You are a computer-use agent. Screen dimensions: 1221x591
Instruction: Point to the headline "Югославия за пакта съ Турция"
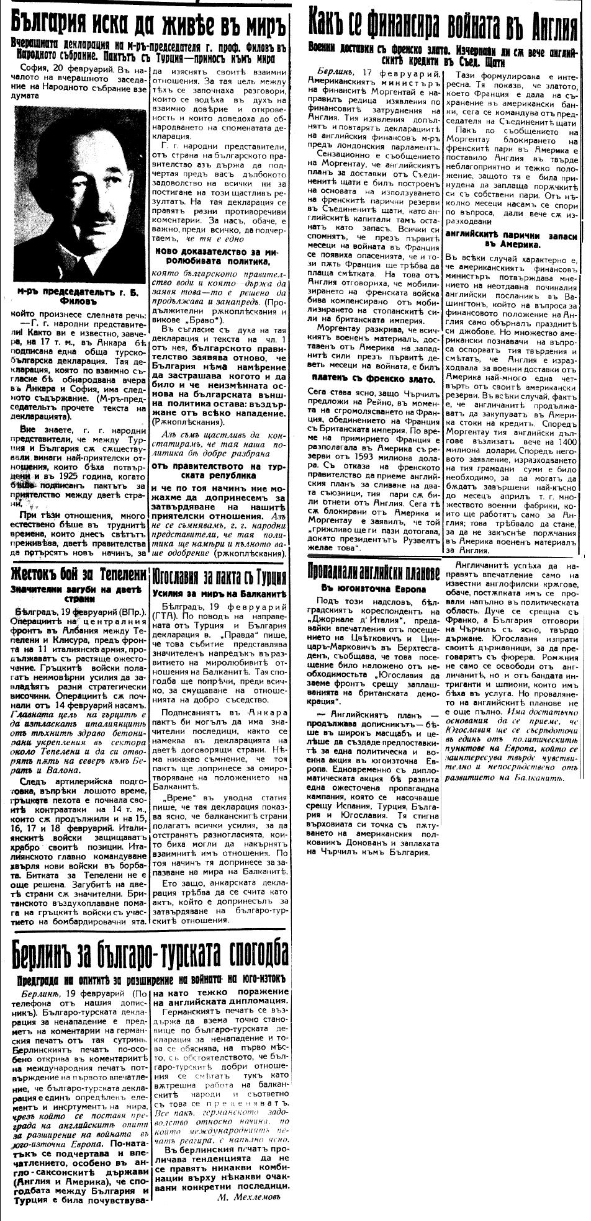tap(219, 578)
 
